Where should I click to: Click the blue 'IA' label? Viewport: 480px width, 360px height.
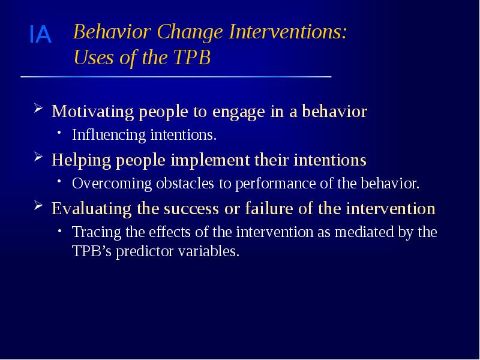click(40, 36)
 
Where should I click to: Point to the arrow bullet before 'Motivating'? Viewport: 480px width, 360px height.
click(38, 110)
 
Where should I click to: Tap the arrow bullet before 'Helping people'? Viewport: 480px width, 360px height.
click(38, 159)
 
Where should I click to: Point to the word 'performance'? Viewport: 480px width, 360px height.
click(266, 184)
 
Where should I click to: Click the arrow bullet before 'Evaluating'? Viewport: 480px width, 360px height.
click(38, 207)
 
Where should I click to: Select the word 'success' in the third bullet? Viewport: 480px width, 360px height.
click(185, 208)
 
